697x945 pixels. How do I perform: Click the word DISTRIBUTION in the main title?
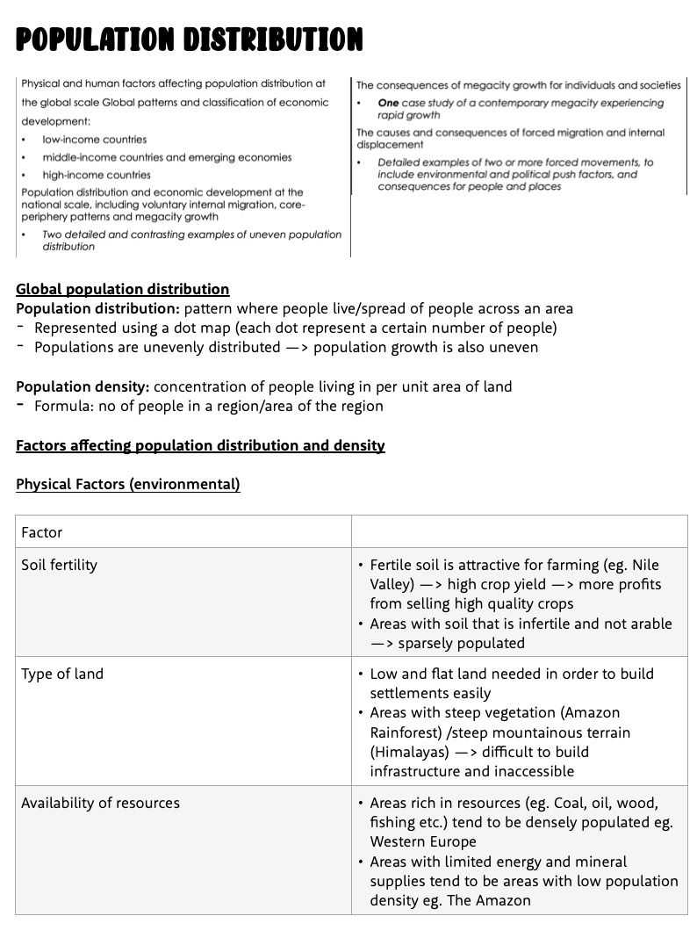coord(274,39)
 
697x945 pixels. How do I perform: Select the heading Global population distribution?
coord(122,289)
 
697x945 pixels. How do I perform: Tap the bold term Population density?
coord(83,386)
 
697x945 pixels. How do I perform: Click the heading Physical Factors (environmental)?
coord(127,484)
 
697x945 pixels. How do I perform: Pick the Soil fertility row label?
coord(59,565)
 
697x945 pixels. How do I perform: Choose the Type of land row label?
coord(62,674)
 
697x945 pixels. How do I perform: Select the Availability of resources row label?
coord(100,803)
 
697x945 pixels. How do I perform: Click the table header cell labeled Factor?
coord(42,532)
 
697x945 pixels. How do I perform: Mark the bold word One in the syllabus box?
coord(388,103)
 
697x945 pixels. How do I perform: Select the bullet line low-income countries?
coord(94,140)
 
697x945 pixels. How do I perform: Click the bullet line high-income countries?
coord(97,175)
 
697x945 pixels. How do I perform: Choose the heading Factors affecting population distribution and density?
coord(200,445)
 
